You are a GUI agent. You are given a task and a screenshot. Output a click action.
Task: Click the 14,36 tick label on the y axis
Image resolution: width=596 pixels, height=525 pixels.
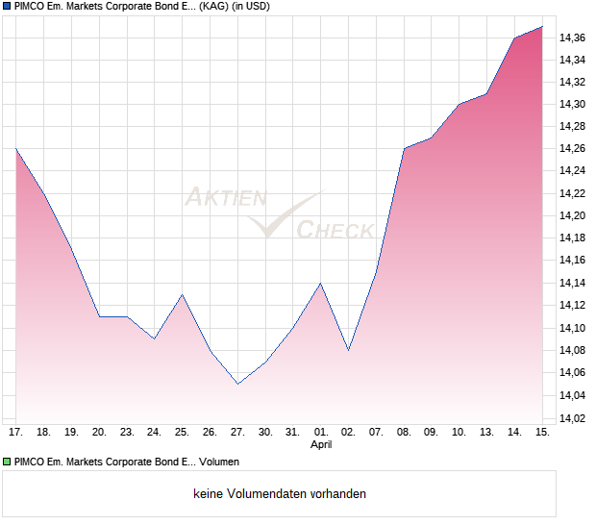(x=573, y=37)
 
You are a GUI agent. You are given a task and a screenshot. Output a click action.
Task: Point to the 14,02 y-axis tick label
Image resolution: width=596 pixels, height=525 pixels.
(x=573, y=418)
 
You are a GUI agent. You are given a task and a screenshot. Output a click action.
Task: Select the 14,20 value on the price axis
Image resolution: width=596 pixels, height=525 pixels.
(x=573, y=193)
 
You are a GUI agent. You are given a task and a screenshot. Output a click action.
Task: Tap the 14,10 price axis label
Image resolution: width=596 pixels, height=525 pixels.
(x=573, y=328)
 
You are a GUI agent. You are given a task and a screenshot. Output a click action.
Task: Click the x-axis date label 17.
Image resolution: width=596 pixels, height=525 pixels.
(x=16, y=433)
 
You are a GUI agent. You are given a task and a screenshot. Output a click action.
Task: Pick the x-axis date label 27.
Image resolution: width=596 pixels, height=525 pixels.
(x=237, y=433)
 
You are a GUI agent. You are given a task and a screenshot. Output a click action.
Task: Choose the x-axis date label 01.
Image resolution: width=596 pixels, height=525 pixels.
(x=321, y=433)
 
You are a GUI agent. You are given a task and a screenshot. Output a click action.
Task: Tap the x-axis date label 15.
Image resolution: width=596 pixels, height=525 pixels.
(x=542, y=433)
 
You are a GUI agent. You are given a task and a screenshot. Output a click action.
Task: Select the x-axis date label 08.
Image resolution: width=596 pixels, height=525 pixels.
(x=404, y=433)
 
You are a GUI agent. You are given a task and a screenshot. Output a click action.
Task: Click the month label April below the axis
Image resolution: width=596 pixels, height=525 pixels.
(x=321, y=445)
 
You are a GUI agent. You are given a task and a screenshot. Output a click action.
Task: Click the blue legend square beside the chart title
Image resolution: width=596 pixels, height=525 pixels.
(x=7, y=7)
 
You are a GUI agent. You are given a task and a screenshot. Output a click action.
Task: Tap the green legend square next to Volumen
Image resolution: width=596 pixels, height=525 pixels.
(x=7, y=462)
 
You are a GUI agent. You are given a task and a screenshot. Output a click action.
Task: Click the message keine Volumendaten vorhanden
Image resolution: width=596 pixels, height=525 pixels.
(x=280, y=494)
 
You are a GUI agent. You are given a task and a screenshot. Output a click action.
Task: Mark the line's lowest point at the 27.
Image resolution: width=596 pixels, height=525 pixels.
(x=237, y=384)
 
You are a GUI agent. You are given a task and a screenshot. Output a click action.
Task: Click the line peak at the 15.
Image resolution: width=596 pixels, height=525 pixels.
(x=542, y=27)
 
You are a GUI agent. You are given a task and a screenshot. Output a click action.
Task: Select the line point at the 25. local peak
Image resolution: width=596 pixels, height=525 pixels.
(x=183, y=294)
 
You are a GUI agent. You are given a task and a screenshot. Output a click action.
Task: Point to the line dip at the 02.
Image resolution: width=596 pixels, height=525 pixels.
(x=348, y=350)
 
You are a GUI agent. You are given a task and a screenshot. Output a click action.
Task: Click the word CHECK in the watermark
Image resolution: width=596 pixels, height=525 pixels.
(x=335, y=230)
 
